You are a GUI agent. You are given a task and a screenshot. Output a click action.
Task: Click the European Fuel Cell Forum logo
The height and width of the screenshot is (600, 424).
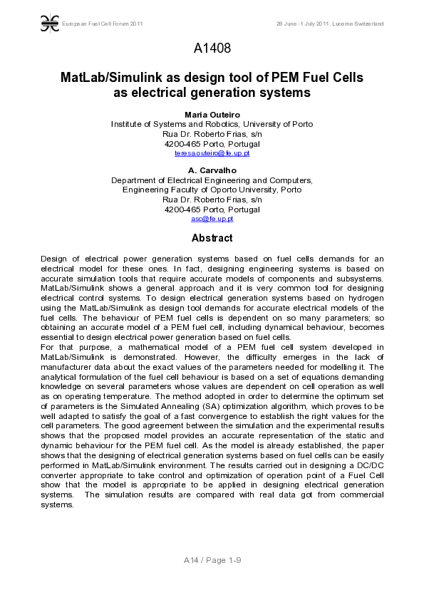[49, 24]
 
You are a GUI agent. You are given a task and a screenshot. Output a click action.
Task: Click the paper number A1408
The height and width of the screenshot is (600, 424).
[212, 48]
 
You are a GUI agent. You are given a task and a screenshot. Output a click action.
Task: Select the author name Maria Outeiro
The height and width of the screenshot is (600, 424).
[212, 114]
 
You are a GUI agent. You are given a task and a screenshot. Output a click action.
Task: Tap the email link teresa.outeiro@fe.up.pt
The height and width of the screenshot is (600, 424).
[212, 153]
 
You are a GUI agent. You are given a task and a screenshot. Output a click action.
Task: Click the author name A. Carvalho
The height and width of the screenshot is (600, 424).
[212, 170]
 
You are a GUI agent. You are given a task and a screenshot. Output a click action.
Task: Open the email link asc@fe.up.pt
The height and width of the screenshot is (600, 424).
[212, 219]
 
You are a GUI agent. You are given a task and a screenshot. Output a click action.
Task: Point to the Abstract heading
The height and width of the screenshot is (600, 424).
[212, 238]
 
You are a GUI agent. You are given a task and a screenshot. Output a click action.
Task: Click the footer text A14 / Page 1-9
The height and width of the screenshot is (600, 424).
[212, 560]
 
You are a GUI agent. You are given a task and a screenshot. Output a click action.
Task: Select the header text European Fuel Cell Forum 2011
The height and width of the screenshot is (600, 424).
[103, 24]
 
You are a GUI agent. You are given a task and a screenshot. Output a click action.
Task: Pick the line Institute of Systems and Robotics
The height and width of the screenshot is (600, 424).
[212, 124]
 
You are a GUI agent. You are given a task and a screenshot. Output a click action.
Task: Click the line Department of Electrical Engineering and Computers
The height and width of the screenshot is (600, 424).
[212, 180]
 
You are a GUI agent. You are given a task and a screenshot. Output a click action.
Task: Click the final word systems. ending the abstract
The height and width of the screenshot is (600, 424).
[57, 505]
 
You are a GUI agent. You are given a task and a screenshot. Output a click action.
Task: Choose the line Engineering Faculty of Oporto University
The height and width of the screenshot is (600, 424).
[212, 190]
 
